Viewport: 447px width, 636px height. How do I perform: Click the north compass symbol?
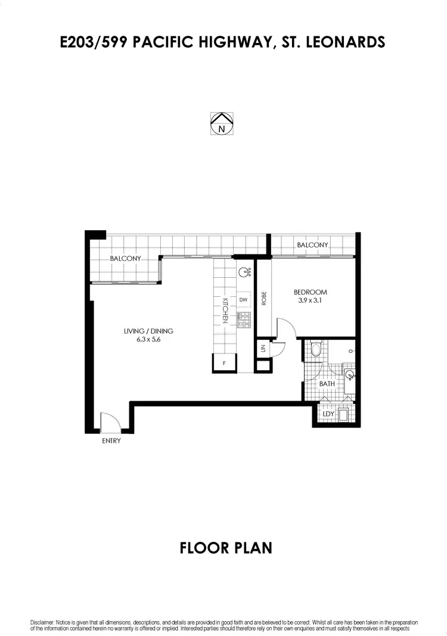221,123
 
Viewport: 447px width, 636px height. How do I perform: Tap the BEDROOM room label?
311,292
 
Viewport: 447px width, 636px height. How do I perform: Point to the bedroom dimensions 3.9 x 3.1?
311,301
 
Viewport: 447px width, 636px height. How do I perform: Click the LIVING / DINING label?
148,331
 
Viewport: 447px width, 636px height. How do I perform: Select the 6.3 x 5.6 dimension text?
148,340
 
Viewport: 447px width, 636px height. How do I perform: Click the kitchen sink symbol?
244,273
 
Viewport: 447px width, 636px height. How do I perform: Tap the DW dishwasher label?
243,300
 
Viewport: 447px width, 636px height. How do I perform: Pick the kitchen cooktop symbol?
244,320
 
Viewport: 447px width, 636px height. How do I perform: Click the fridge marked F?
224,362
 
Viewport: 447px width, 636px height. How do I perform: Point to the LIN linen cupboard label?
263,349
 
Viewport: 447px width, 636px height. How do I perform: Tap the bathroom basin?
350,375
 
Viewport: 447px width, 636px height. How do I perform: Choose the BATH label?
327,384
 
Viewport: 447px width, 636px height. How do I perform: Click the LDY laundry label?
328,414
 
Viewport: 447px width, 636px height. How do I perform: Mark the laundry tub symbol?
344,414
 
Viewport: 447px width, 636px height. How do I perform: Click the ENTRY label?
111,440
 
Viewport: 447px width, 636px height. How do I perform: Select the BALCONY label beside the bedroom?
313,245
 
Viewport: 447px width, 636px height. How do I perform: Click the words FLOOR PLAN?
226,548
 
